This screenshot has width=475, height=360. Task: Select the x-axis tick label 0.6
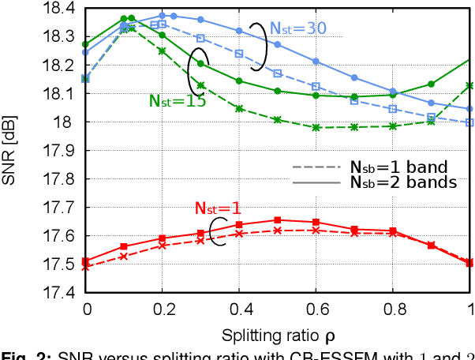click(x=316, y=308)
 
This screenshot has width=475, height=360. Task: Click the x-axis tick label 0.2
click(x=162, y=308)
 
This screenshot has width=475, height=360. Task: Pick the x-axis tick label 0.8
click(x=394, y=308)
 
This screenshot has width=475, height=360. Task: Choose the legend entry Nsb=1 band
click(x=399, y=167)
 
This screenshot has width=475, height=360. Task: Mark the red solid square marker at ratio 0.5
click(x=278, y=220)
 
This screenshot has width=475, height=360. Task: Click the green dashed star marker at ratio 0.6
click(x=316, y=127)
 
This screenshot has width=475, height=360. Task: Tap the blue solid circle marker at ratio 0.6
click(x=316, y=61)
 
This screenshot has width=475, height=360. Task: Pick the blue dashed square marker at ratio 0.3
click(x=200, y=38)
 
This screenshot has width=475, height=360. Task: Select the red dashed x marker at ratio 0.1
click(x=124, y=256)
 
